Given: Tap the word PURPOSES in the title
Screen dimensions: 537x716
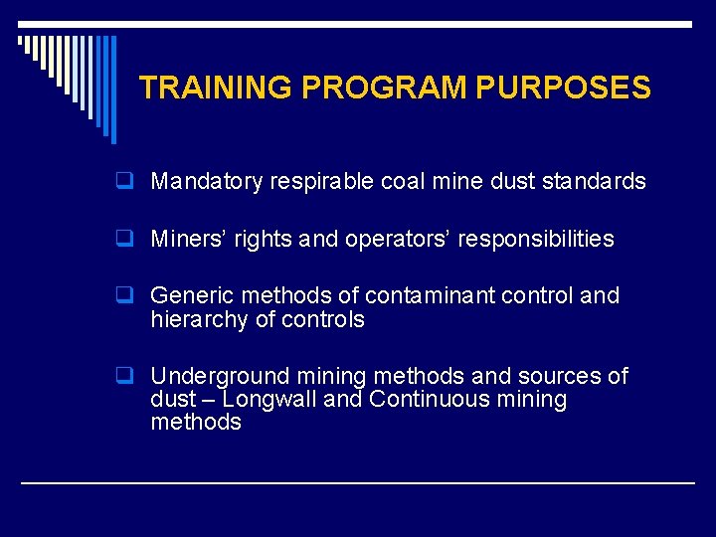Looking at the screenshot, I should tap(564, 88).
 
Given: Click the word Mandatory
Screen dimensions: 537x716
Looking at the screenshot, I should tap(206, 182).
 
